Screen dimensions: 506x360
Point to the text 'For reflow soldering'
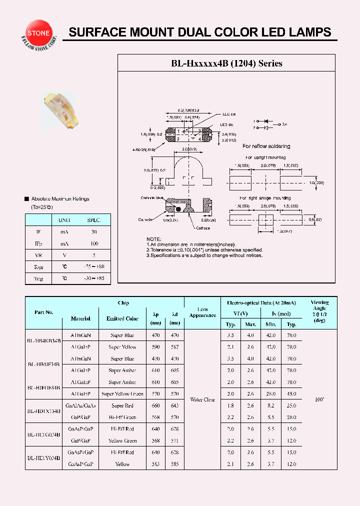coord(266,146)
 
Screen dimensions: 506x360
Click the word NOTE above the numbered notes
coord(154,239)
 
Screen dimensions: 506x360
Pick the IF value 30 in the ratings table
coord(94,232)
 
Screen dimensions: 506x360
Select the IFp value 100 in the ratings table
coord(94,243)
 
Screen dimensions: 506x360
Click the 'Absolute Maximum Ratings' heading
coord(60,199)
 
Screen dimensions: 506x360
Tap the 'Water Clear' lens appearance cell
coord(202,400)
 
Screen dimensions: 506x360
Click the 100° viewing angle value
coord(319,400)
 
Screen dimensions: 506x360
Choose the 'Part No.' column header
coord(44,312)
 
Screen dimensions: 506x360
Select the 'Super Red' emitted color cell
coord(122,405)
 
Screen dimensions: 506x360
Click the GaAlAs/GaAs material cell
coord(80,405)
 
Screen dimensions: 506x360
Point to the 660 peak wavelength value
coord(156,405)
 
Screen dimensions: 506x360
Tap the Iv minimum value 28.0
coord(270,393)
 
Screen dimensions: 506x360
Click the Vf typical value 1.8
coord(230,405)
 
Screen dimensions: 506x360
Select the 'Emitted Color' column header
coord(122,318)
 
